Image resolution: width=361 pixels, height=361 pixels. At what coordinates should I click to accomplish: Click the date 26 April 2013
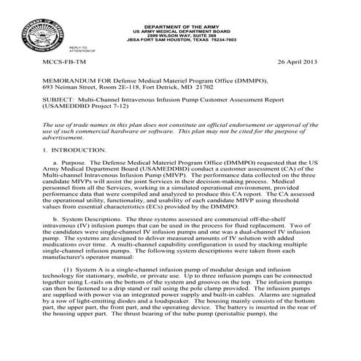pyautogui.click(x=294, y=64)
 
